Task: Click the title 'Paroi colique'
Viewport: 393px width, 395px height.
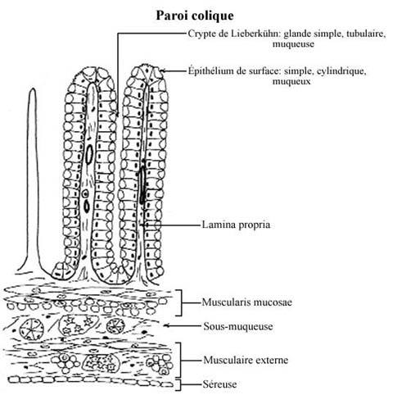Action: (195, 16)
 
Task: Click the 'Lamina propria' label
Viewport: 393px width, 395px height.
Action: (236, 225)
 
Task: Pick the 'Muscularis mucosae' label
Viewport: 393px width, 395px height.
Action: (246, 302)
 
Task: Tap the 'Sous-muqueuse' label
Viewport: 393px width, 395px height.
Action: (238, 326)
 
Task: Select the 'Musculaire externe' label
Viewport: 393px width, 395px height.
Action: (246, 360)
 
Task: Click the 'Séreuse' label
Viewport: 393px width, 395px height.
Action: (219, 384)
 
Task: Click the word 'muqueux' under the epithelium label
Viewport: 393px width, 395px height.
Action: (291, 81)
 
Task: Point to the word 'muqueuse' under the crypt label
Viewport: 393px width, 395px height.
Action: (293, 44)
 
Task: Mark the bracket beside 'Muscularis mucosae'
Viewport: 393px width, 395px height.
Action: (181, 302)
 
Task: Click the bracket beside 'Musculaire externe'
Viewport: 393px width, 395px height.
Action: (181, 361)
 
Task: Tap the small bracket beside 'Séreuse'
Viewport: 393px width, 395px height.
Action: (180, 385)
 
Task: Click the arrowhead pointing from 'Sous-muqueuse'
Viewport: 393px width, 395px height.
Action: (166, 325)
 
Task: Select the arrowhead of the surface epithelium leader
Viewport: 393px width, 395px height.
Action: (162, 70)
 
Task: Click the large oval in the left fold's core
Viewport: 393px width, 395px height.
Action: (89, 155)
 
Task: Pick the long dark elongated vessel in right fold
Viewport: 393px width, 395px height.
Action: (142, 185)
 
